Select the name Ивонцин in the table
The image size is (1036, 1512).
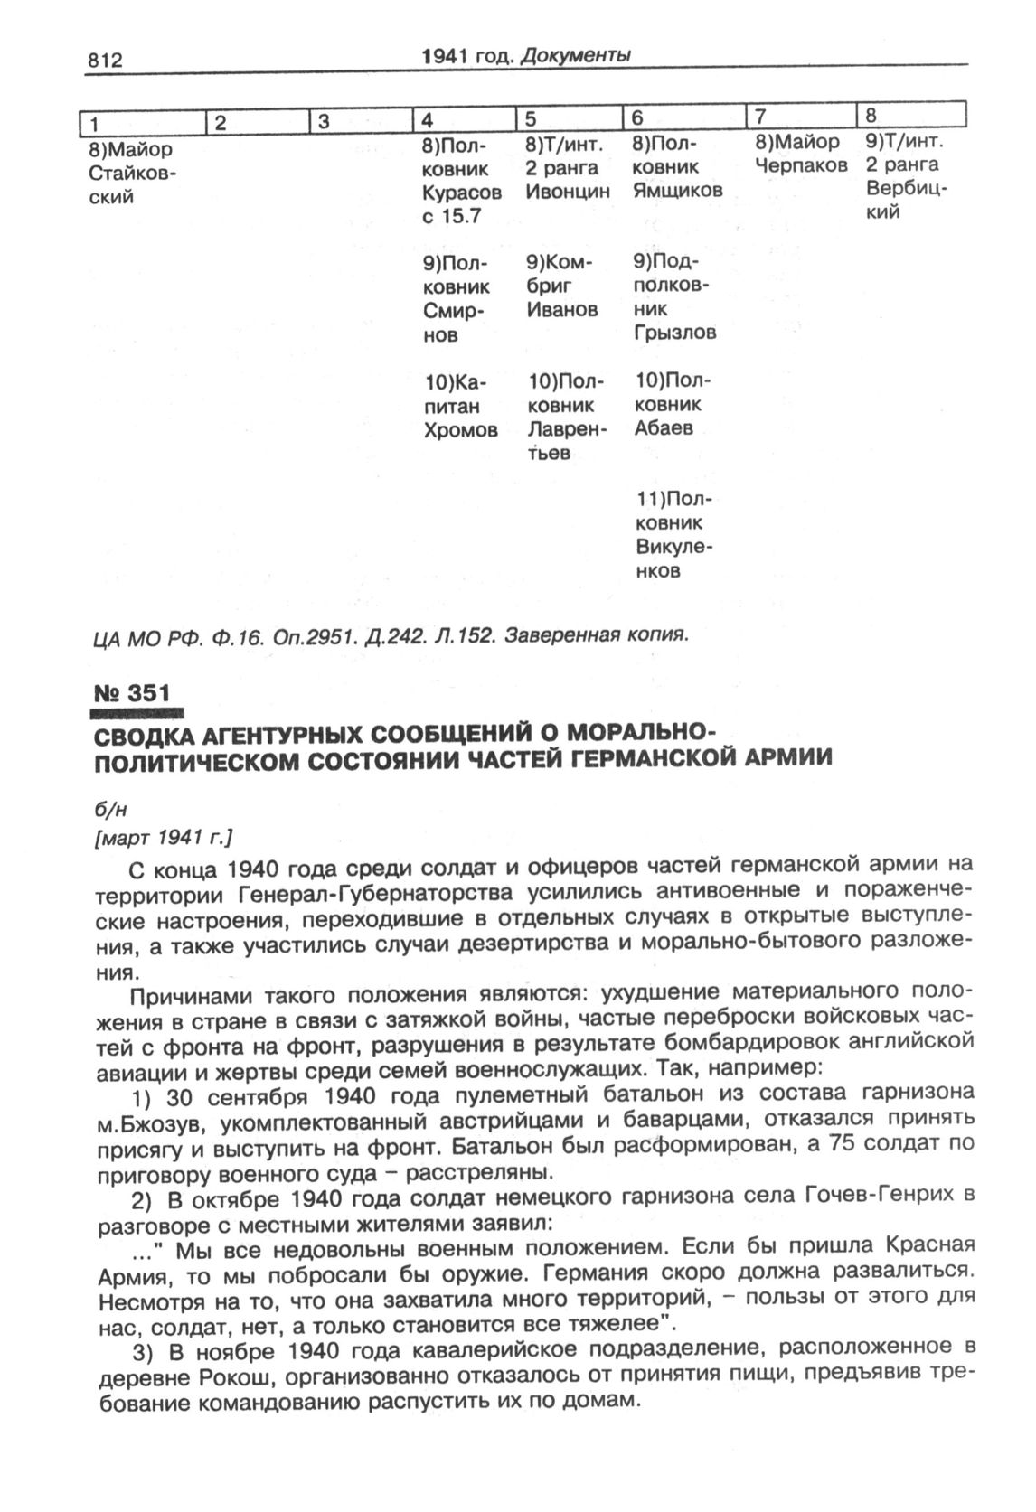[x=568, y=192]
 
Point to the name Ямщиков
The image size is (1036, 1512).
[x=677, y=190]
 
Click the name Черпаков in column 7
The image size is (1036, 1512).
[x=801, y=165]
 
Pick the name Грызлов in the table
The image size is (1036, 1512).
[x=675, y=332]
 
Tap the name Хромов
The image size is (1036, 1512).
[x=461, y=430]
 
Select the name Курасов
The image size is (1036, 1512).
[x=461, y=193]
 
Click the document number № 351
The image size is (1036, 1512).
[x=132, y=693]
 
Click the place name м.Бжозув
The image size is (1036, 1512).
[x=146, y=1122]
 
